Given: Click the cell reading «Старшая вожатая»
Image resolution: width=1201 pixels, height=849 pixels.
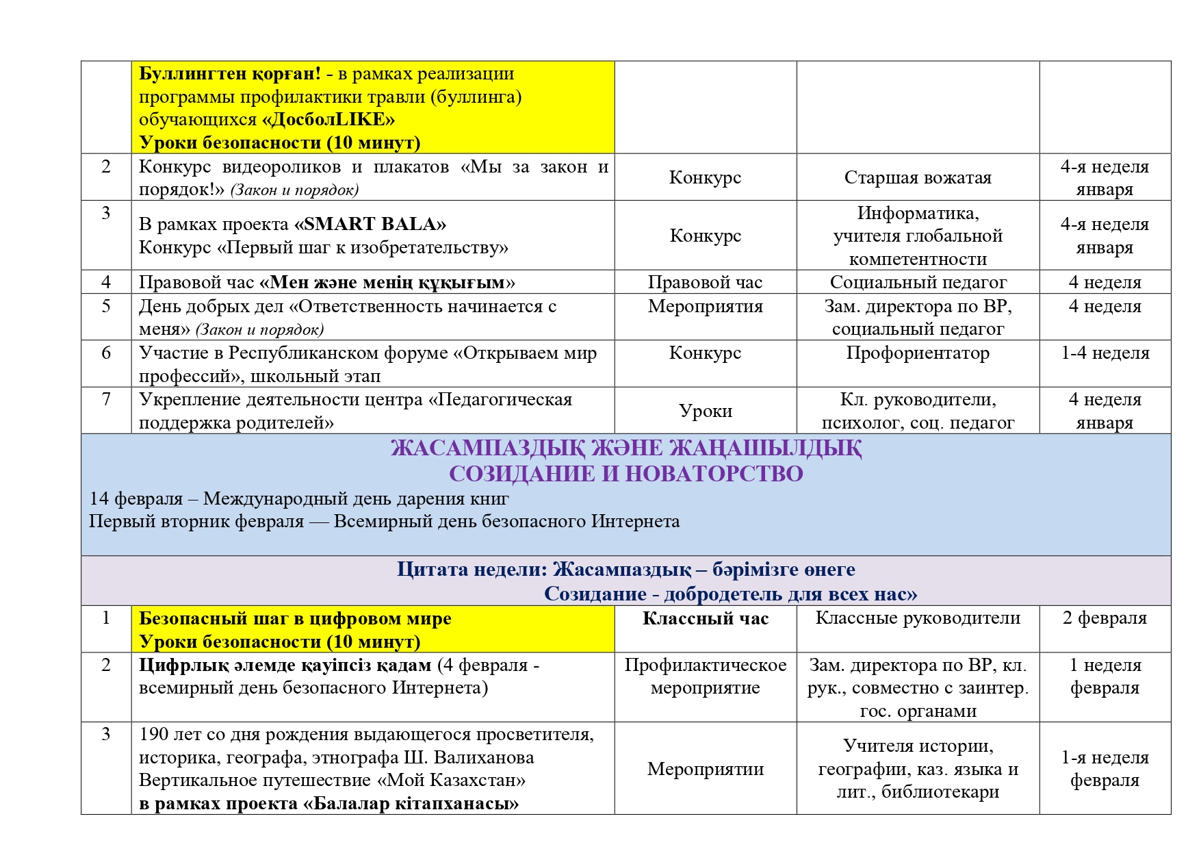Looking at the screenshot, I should click(917, 178).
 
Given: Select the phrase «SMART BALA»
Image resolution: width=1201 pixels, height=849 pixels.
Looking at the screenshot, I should click(370, 225).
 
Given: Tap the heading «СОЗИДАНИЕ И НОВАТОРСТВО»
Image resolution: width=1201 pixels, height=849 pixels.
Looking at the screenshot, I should click(625, 474).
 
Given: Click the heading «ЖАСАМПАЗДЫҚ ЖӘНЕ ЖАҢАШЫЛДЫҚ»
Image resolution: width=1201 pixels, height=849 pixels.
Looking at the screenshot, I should click(625, 448).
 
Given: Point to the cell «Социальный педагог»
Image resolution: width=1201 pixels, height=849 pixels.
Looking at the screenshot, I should click(918, 282).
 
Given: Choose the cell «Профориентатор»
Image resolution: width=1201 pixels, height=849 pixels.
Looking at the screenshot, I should click(917, 353).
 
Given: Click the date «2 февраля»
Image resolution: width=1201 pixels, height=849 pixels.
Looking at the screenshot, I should click(1104, 618).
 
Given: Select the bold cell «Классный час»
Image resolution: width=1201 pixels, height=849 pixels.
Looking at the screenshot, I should click(705, 619).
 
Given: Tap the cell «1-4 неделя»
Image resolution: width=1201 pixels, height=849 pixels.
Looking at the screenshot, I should click(1105, 353).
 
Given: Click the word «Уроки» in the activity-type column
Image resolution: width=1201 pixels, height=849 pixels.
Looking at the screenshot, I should click(705, 411).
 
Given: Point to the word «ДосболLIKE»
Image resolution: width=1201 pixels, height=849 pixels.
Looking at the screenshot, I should click(329, 120).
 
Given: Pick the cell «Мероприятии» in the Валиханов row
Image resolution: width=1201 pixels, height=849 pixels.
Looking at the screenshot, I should click(705, 769).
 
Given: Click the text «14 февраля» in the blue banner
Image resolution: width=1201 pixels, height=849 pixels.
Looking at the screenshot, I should click(136, 498).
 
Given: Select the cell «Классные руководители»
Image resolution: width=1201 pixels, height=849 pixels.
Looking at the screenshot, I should click(917, 618).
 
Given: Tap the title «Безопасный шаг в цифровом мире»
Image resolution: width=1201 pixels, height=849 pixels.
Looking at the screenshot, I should click(295, 619).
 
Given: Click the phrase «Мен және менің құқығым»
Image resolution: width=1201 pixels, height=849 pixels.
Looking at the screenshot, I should click(387, 283).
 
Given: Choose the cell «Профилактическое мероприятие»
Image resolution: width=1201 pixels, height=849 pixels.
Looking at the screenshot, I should click(705, 676).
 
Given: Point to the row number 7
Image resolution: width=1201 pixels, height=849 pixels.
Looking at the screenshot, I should click(106, 400).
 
